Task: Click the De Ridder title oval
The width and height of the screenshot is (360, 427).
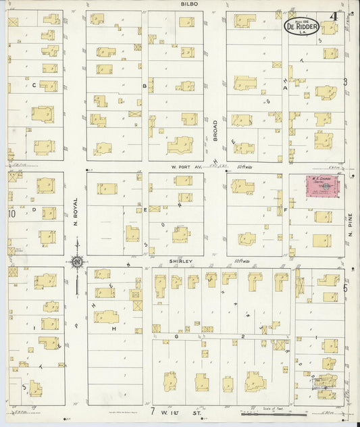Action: point(301,28)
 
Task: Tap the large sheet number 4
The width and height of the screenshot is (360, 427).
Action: point(334,17)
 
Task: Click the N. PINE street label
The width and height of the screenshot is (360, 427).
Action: point(351,223)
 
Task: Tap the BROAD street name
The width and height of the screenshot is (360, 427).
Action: point(215,130)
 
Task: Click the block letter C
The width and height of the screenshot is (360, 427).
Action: point(33,85)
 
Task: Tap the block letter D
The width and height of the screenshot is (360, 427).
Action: point(33,209)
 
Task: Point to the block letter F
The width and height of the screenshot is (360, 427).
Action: point(286,209)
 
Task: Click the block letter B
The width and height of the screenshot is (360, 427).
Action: point(144,86)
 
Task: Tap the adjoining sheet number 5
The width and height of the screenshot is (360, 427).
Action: point(345,288)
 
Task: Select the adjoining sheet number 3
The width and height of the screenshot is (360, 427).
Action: point(344,82)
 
